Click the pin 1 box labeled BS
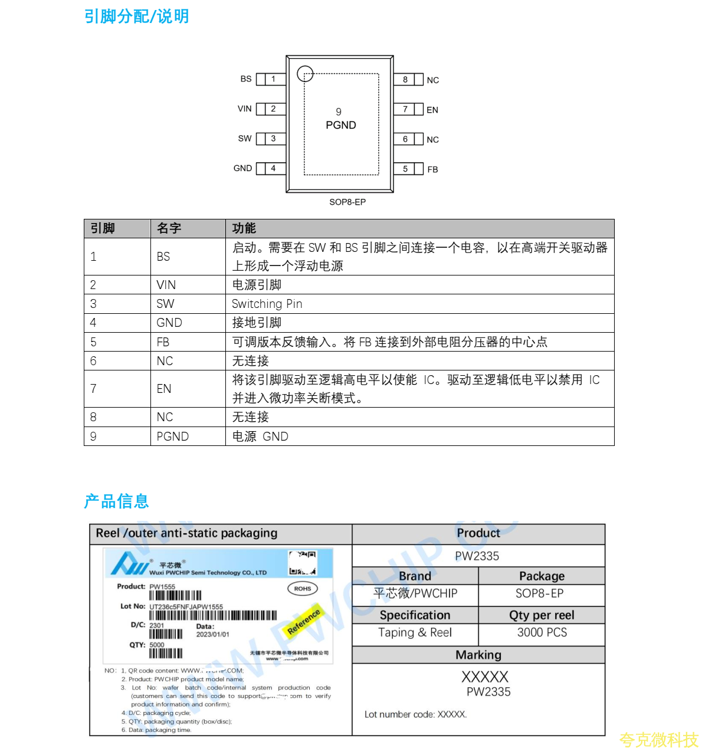click(273, 79)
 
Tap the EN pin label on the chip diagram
click(432, 110)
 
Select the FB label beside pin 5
click(432, 169)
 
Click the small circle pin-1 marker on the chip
click(305, 74)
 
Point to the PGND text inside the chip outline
click(341, 125)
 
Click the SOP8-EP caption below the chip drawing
click(347, 202)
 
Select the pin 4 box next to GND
click(273, 169)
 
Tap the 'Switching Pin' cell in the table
click(267, 304)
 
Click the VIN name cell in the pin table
click(166, 285)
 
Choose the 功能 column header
click(244, 228)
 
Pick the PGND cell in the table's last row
click(173, 437)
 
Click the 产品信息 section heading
click(117, 501)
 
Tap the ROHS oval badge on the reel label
click(303, 589)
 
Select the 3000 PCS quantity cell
click(542, 632)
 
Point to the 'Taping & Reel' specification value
click(415, 632)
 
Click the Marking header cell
click(478, 655)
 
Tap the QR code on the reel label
click(303, 563)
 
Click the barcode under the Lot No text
click(213, 615)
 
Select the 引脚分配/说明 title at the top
click(137, 17)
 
